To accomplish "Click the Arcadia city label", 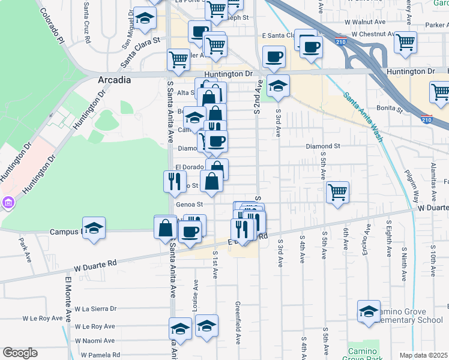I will coord(115,80).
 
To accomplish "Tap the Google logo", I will coord(20,353).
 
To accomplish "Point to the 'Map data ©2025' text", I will coord(423,355).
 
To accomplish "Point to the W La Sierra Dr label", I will coord(95,308).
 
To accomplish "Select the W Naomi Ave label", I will coord(95,340).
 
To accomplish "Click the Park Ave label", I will coord(25,250).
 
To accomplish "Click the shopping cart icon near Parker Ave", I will coord(406,42).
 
